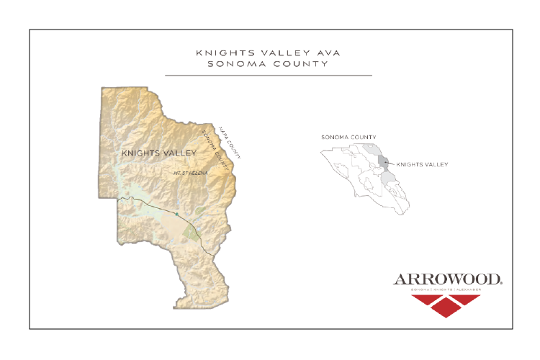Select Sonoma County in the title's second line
[267, 63]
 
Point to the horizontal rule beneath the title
[268, 75]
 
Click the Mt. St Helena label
[190, 174]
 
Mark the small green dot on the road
[176, 214]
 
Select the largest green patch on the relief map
[191, 232]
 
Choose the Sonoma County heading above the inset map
[348, 137]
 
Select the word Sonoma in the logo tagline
[420, 289]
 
